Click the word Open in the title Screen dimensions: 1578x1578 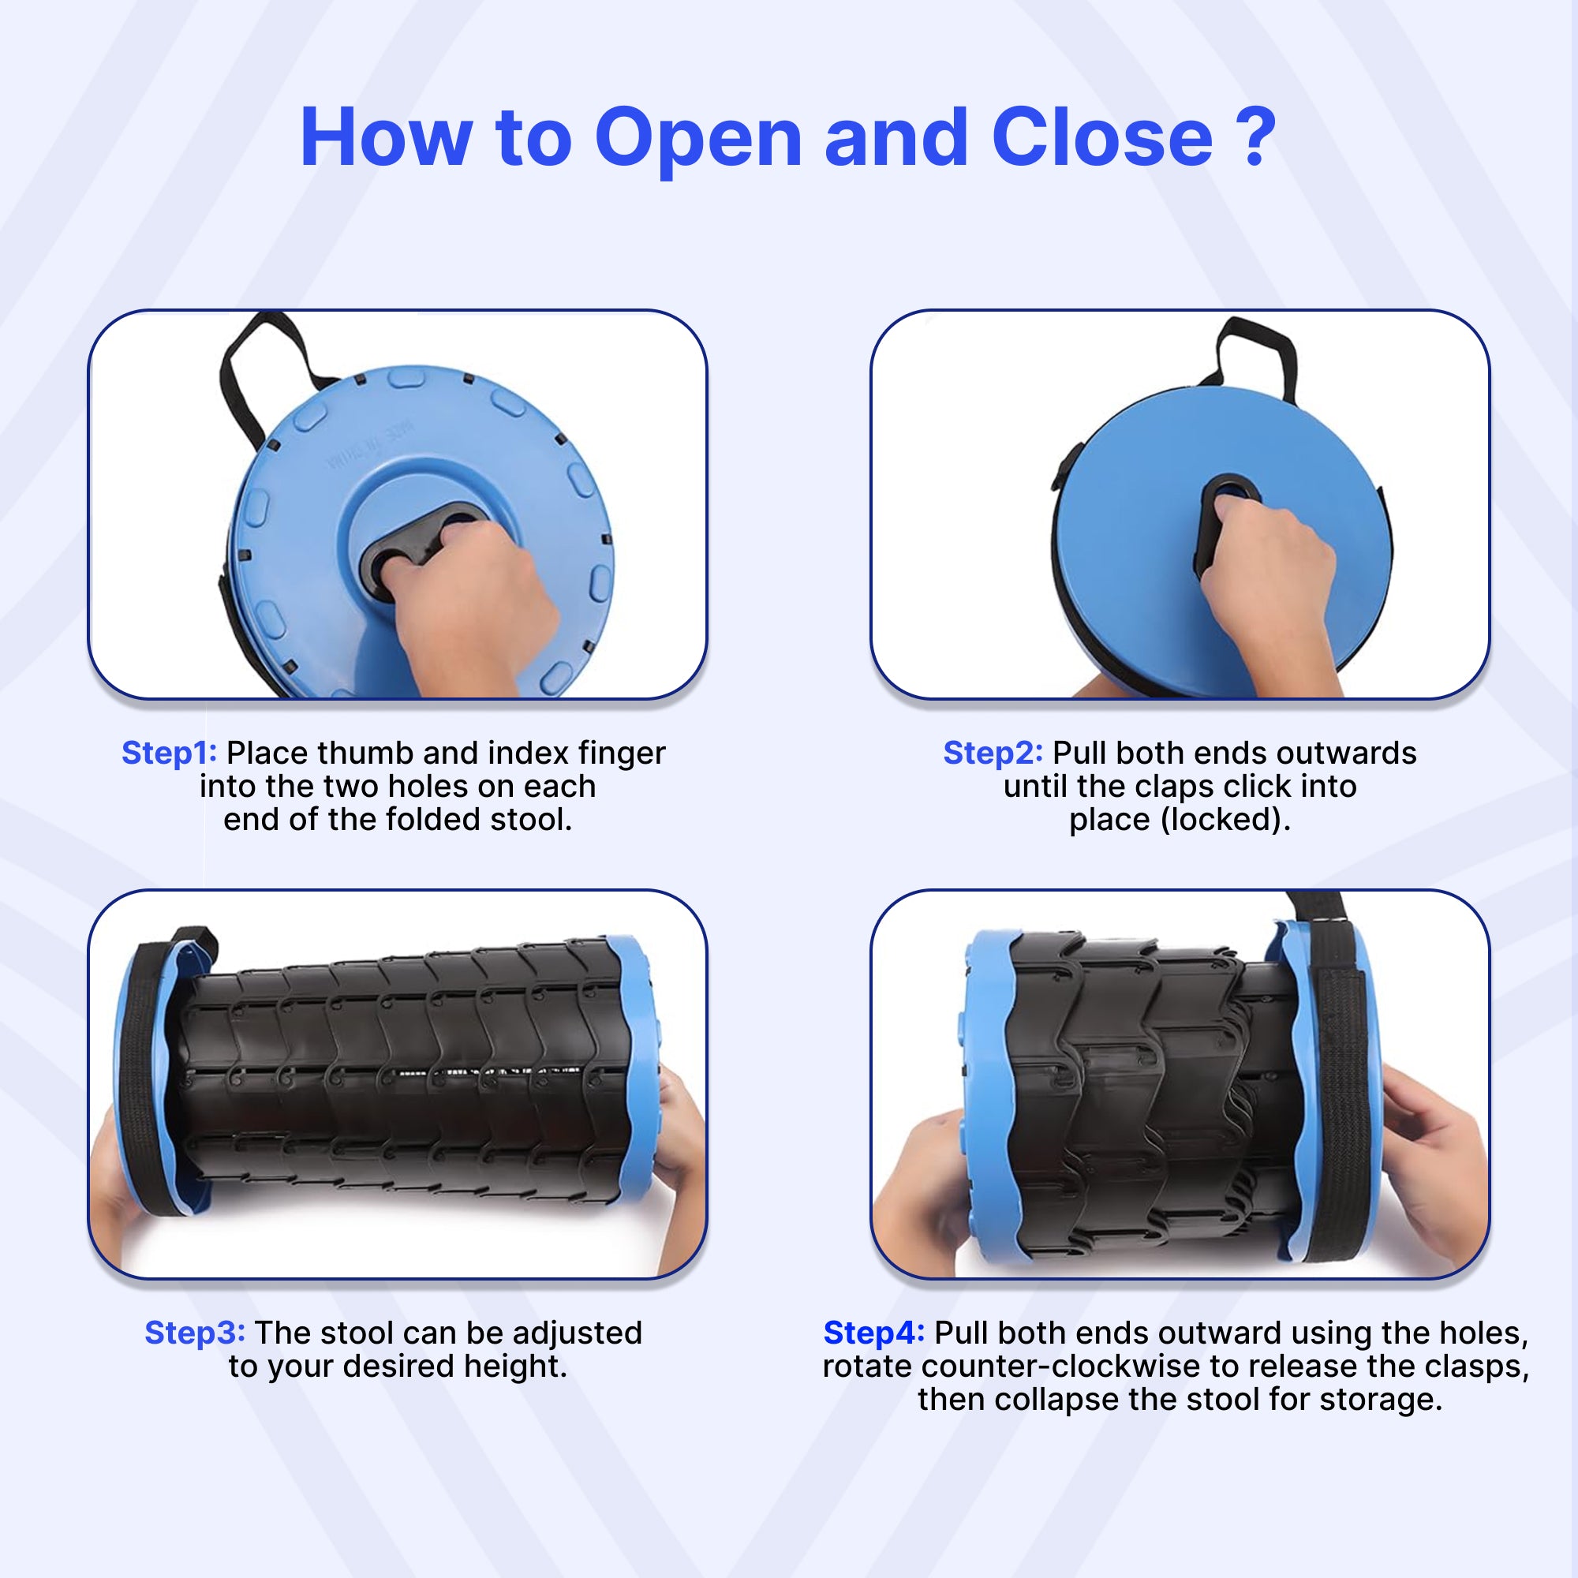pos(698,140)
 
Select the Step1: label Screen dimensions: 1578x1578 pos(169,752)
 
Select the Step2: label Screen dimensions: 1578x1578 pos(993,752)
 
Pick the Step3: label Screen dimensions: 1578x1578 pos(194,1332)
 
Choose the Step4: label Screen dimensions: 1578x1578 pos(874,1332)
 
